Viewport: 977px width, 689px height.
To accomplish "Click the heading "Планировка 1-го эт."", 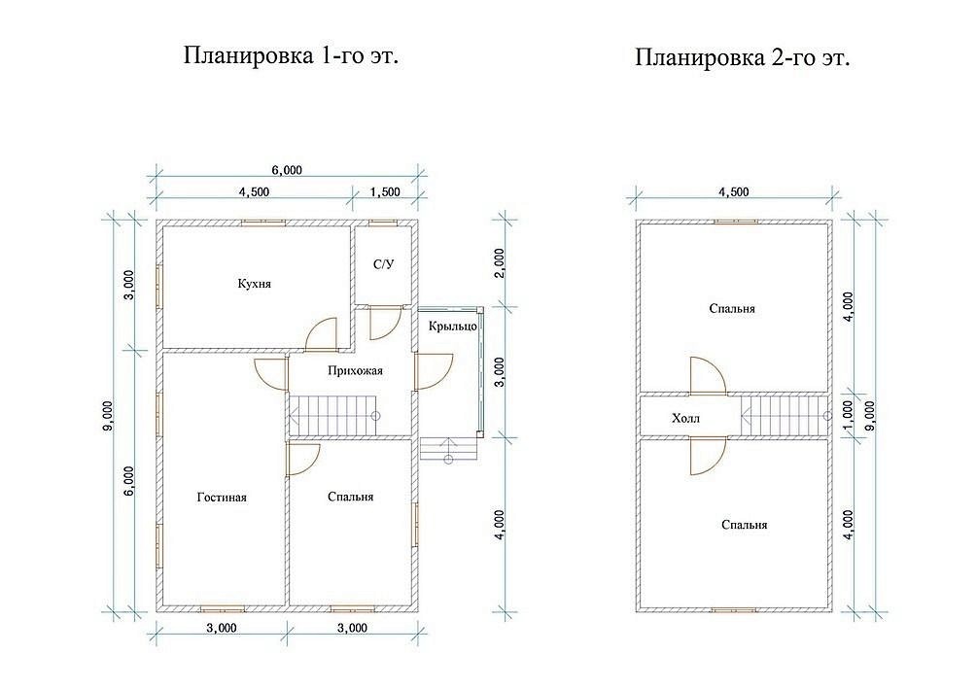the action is (291, 55).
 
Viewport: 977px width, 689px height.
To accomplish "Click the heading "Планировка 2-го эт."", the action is (743, 58).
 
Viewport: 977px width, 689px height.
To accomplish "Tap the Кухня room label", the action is (255, 284).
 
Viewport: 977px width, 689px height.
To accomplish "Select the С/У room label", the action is (384, 264).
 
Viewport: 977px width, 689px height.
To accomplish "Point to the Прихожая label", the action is (355, 370).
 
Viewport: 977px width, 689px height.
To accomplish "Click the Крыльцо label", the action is (453, 326).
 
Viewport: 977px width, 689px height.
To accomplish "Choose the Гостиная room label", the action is (222, 498).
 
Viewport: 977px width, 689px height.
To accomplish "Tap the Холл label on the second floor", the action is (685, 418).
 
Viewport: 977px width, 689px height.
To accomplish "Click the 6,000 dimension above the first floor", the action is (288, 170).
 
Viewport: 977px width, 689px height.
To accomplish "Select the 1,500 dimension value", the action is (385, 191).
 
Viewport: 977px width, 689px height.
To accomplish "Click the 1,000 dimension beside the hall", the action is (847, 414).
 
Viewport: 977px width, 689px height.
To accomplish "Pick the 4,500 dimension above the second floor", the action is (734, 191).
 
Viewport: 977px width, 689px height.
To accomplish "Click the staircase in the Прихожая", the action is (334, 416).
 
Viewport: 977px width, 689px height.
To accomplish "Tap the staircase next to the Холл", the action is (786, 416).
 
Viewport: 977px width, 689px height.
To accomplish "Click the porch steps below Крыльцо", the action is (448, 450).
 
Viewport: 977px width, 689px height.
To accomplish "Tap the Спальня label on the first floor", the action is (351, 497).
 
